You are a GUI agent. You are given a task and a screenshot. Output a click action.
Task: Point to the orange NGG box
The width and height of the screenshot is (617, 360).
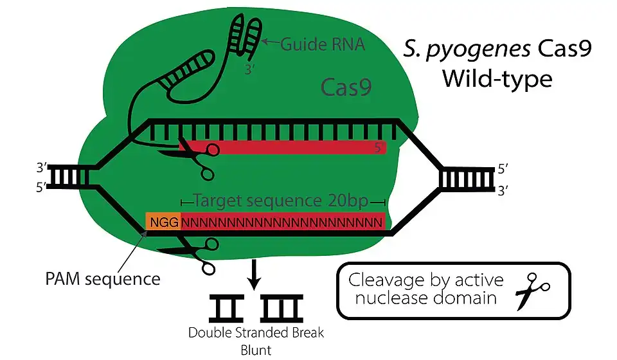tap(163, 223)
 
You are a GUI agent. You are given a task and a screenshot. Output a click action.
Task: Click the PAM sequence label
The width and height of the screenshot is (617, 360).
tap(103, 280)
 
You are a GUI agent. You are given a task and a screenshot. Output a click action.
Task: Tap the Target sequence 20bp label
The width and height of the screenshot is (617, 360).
tap(280, 201)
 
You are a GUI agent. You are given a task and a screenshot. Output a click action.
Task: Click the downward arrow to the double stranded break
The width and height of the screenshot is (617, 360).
tap(256, 274)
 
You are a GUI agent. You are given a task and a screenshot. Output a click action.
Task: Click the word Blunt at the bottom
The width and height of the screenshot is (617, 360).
tap(256, 350)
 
